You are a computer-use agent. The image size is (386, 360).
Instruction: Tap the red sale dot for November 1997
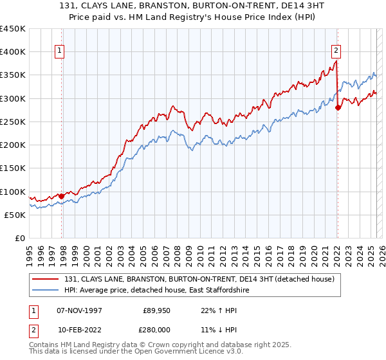pyautogui.click(x=62, y=196)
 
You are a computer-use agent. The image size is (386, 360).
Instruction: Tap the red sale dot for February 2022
pyautogui.click(x=338, y=107)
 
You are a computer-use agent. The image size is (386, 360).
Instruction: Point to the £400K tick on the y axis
pyautogui.click(x=14, y=52)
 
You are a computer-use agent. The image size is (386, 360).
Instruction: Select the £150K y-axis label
pyautogui.click(x=14, y=168)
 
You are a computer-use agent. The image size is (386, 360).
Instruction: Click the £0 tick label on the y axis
pyautogui.click(x=21, y=238)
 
